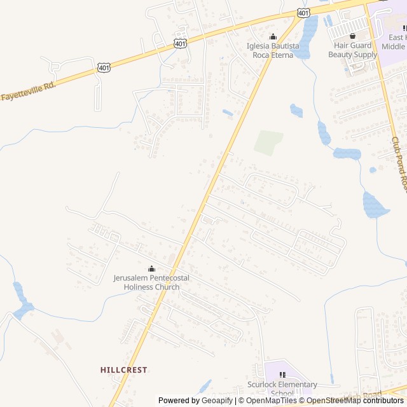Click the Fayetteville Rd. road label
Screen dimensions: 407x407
coord(28,91)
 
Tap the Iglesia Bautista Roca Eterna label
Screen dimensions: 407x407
coord(273,50)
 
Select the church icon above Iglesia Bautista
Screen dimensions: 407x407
coord(273,36)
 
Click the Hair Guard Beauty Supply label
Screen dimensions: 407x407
coord(352,50)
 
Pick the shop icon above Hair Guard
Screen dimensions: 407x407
coord(352,36)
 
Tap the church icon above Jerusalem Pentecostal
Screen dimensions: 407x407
coord(151,268)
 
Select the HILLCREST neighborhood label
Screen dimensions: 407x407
coord(123,369)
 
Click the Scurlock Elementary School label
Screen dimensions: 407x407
coord(282,389)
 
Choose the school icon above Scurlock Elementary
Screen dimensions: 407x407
coord(282,375)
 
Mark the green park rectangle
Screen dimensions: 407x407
coord(268,142)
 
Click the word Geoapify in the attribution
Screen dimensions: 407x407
coord(217,401)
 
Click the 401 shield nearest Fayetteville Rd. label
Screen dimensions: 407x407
coord(104,67)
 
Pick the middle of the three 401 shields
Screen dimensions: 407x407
coord(181,43)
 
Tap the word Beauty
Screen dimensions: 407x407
coord(340,55)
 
